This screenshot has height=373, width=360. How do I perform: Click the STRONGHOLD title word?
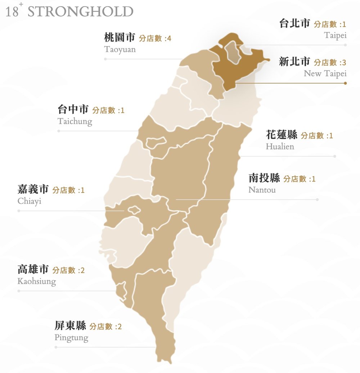[80, 12]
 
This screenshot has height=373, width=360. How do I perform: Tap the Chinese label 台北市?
[294, 24]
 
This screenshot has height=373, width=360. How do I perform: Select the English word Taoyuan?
[120, 49]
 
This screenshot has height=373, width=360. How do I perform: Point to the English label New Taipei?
[325, 73]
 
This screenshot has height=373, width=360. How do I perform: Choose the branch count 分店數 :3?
[330, 62]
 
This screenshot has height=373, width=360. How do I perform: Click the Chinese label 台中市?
[73, 109]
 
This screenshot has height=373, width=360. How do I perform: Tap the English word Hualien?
[280, 147]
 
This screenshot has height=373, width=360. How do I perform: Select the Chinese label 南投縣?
[264, 178]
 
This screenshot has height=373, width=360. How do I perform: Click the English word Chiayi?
[29, 201]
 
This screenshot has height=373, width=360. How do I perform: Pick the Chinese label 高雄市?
[33, 269]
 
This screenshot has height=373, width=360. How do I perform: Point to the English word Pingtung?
[71, 338]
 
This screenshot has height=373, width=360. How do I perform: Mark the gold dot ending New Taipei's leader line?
[345, 83]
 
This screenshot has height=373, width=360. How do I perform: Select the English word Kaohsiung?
[36, 281]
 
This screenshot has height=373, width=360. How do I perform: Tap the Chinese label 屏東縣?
[70, 326]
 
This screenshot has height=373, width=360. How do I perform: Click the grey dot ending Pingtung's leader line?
[56, 347]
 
